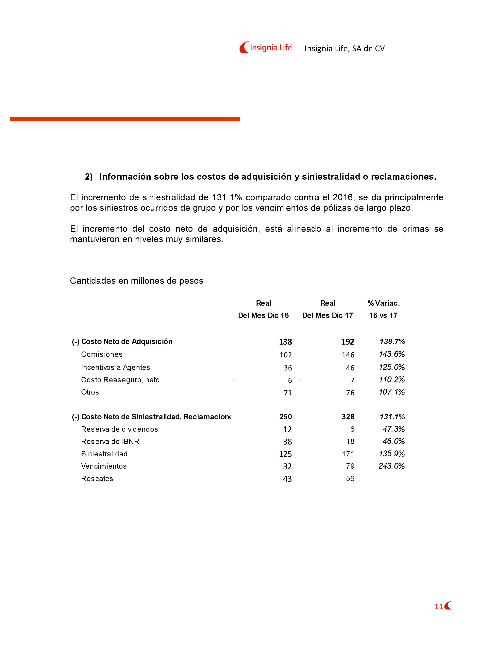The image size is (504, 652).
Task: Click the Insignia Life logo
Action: tap(265, 47)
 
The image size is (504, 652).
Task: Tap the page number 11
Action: tap(438, 606)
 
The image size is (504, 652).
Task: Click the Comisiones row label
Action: tap(102, 354)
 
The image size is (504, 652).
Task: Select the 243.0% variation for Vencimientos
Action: tap(391, 466)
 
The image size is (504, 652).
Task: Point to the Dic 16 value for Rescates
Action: tap(287, 479)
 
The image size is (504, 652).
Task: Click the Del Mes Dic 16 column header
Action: tap(263, 316)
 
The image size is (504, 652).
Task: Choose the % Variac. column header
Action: tap(383, 303)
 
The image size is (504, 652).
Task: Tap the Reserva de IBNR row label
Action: tap(110, 442)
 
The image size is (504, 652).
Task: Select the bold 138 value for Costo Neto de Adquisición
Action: tap(285, 342)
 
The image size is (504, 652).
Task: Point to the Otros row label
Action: tap(90, 392)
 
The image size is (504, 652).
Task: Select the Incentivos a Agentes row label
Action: tap(115, 367)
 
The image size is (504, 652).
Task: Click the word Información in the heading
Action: tap(125, 177)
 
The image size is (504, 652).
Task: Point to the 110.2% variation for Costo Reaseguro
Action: tap(391, 380)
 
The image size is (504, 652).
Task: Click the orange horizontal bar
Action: tap(125, 119)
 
